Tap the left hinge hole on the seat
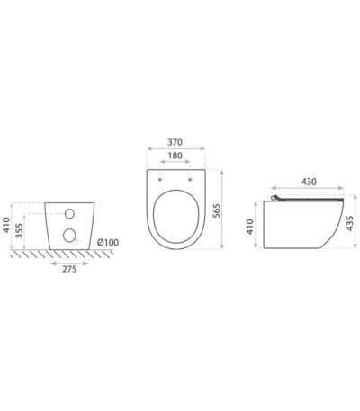[x=161, y=177]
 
